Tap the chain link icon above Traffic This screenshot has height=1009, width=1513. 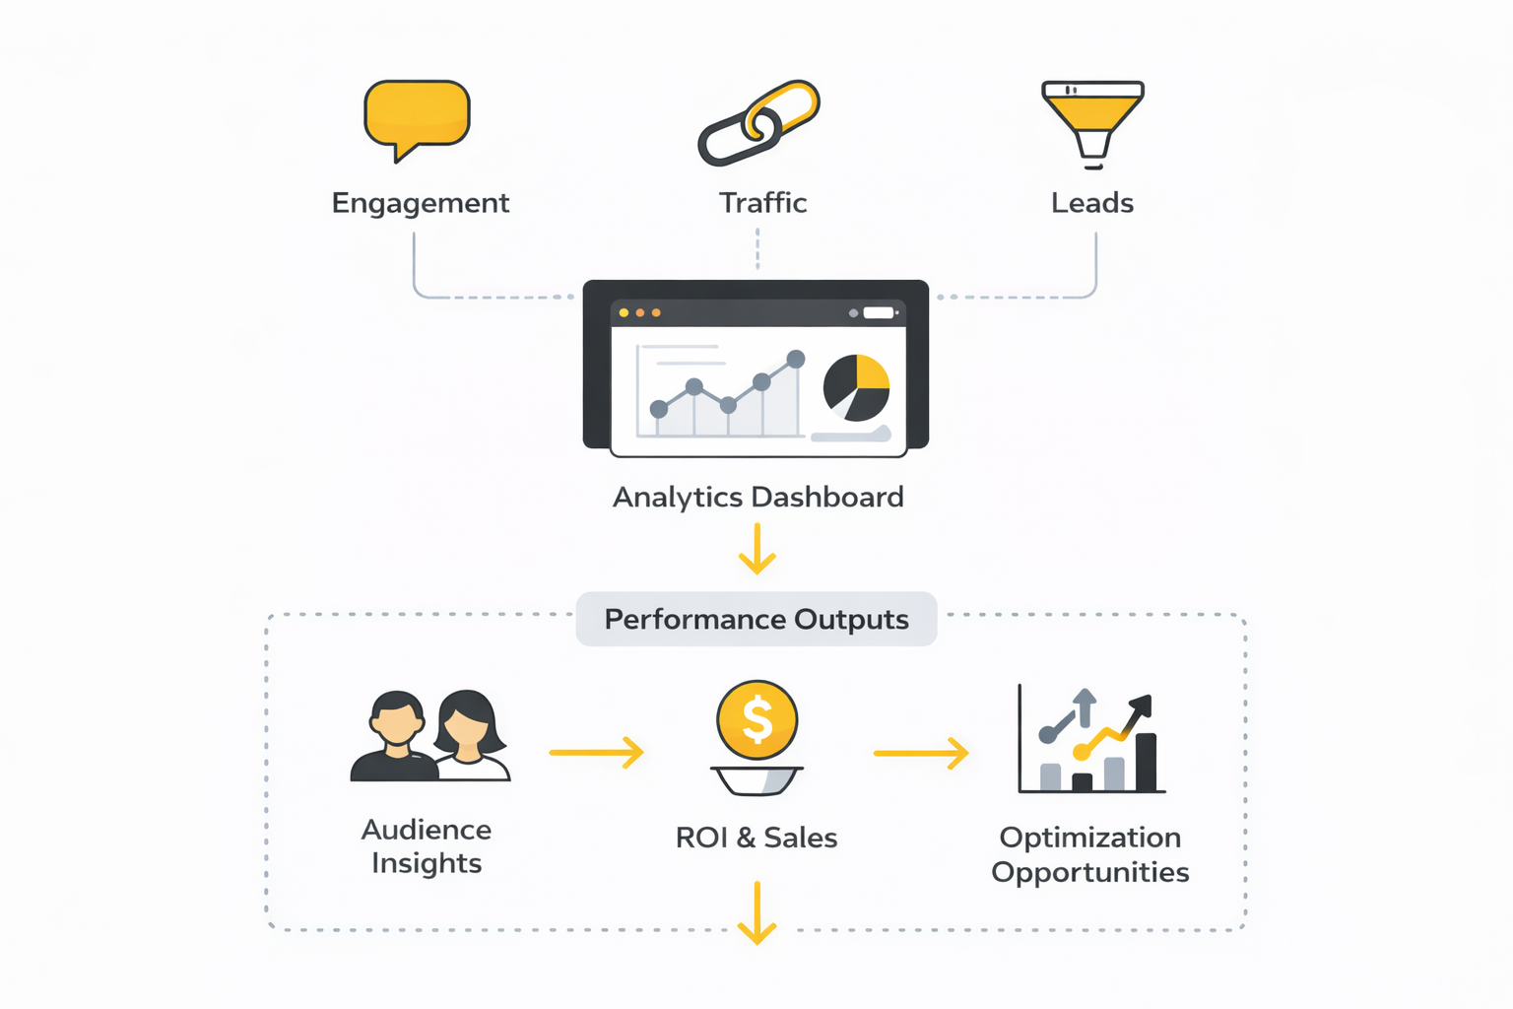[x=758, y=123]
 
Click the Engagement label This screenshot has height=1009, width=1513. [x=421, y=203]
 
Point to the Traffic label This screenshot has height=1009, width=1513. [x=762, y=203]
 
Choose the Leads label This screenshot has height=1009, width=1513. [x=1092, y=203]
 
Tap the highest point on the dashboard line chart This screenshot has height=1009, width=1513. [x=796, y=360]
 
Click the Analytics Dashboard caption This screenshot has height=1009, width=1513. [x=757, y=497]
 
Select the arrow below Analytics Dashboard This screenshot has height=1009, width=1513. [x=757, y=549]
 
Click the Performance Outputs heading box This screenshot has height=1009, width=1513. [x=756, y=619]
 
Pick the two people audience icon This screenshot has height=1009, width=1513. [x=430, y=736]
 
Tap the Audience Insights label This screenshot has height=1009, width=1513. [x=427, y=846]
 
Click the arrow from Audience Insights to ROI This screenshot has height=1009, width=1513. [x=596, y=753]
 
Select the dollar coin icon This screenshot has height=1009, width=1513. [x=756, y=720]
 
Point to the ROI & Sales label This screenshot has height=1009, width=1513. [x=756, y=838]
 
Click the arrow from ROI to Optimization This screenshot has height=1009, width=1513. [x=921, y=754]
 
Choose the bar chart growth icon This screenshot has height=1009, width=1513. [x=1091, y=741]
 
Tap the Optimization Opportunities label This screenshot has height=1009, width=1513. [x=1090, y=854]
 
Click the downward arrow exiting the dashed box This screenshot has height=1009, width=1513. [x=756, y=913]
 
